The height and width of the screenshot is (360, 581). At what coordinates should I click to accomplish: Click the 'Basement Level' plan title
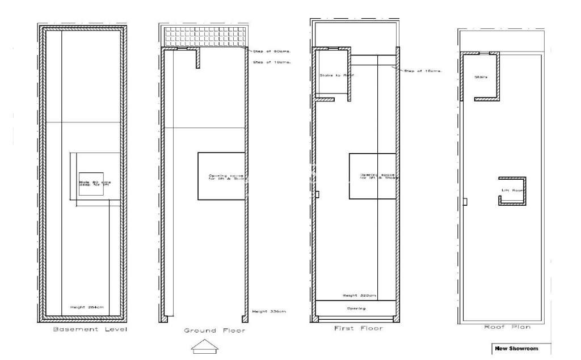point(90,329)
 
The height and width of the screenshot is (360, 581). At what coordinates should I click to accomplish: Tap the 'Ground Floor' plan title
point(214,330)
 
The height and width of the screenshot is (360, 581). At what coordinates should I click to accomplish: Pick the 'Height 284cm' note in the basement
point(87,307)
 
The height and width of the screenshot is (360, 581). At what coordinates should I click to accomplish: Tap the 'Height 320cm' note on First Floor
point(356,295)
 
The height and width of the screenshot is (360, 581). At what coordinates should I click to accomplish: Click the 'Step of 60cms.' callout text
point(271,51)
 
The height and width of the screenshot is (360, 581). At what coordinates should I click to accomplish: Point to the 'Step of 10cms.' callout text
point(271,62)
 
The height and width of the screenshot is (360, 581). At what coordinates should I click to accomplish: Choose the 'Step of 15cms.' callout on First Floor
point(422,71)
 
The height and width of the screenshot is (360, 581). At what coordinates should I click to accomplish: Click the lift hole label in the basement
point(91,183)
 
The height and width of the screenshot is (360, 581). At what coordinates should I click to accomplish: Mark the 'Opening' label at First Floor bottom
point(356,308)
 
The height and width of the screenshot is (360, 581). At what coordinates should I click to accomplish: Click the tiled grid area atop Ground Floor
point(206,36)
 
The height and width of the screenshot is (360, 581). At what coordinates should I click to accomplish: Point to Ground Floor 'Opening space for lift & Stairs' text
point(221,177)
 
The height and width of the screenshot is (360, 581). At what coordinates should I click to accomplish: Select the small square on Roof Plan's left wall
point(465,201)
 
